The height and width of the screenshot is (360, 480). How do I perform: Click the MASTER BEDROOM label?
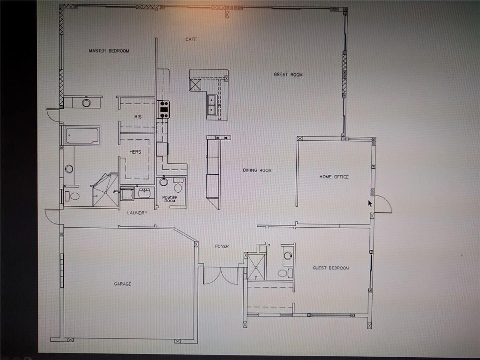click(109, 51)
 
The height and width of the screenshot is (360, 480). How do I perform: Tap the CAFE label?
click(191, 39)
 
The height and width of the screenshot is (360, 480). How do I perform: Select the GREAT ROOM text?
click(288, 75)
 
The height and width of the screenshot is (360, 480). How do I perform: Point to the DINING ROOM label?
click(257, 170)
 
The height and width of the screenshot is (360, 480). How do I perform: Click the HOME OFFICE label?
click(334, 177)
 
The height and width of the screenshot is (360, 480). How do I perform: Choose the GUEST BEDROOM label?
click(330, 268)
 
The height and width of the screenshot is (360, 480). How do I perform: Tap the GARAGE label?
click(123, 284)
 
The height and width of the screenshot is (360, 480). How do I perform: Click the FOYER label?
click(222, 246)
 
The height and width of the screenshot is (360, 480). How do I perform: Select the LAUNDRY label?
click(137, 213)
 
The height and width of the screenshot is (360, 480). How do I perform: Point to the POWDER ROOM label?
click(170, 199)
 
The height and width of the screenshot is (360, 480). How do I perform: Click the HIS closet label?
click(138, 117)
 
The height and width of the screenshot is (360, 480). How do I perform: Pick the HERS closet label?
click(135, 152)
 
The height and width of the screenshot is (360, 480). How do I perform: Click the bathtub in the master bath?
click(82, 135)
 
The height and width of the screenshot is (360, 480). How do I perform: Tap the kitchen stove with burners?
click(164, 110)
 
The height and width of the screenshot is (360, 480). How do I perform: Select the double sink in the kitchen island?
click(212, 105)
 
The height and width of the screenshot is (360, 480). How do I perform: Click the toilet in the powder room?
click(178, 186)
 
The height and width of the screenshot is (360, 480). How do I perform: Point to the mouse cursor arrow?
click(370, 203)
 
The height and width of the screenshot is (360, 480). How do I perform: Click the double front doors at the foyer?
click(221, 276)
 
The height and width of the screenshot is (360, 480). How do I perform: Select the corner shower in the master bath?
click(105, 190)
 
